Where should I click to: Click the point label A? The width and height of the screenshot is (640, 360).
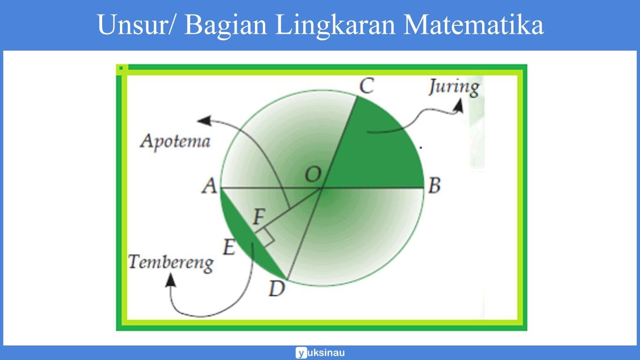pos(209,187)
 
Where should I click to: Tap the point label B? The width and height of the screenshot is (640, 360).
pos(434,186)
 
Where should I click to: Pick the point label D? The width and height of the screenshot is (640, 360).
pos(276,289)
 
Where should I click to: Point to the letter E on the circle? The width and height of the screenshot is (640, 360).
pos(229,247)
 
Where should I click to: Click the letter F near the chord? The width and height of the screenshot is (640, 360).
pos(260,217)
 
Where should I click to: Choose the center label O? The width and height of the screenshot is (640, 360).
pos(313,175)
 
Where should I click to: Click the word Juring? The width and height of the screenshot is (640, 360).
pos(454,87)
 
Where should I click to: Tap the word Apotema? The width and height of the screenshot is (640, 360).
pos(175,141)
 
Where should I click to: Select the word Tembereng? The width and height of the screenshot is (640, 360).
pos(171,262)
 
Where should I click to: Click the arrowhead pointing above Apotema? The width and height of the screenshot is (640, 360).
pos(203,120)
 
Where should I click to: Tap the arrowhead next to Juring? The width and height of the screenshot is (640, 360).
pos(459,106)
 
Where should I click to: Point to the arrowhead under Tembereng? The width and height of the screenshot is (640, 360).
pos(171,280)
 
